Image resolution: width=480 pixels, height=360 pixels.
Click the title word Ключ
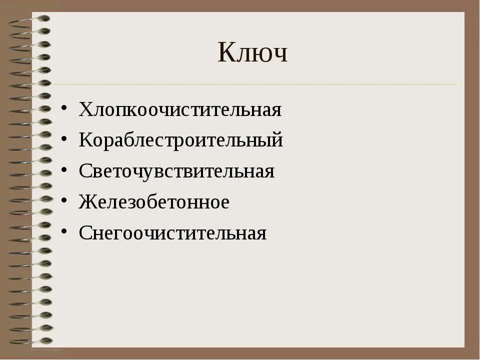252,53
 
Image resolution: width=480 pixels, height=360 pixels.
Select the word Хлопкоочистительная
180,109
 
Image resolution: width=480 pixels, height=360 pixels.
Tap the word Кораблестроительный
181,140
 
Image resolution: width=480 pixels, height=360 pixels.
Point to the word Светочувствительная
176,171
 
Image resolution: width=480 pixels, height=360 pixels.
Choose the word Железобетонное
154,202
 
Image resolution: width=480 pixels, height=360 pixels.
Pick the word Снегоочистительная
172,233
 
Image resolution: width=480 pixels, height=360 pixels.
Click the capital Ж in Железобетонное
86,202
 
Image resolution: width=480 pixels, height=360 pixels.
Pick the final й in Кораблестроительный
278,139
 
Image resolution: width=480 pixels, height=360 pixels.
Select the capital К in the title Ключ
226,53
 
